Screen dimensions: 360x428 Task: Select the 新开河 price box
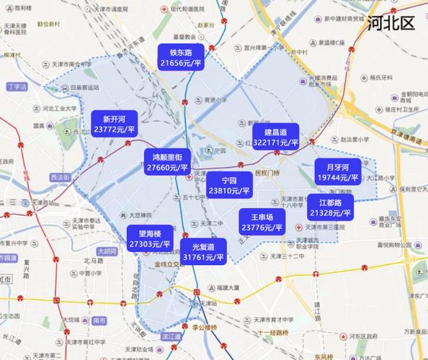click(x=115, y=125)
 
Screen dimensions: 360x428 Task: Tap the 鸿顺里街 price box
click(x=167, y=162)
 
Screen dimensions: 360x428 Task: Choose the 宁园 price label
click(x=229, y=186)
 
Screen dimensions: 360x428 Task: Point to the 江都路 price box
click(x=331, y=208)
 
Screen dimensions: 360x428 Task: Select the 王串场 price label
click(x=262, y=222)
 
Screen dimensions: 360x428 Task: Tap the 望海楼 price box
click(x=150, y=239)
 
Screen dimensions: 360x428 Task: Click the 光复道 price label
click(x=204, y=251)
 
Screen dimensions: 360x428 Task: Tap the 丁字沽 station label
click(x=16, y=86)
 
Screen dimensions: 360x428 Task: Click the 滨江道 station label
click(x=171, y=336)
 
